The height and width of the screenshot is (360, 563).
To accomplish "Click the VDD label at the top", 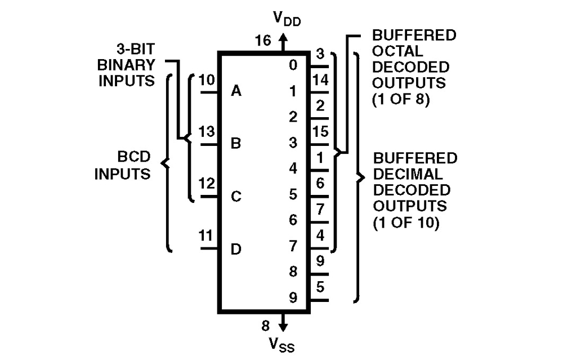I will coord(287,19).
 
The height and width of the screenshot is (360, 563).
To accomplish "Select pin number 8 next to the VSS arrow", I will coord(266,325).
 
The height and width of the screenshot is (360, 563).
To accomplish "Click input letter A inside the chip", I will coord(236,91).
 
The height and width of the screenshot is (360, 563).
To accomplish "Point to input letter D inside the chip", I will coord(236,248).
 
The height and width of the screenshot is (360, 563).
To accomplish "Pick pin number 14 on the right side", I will coord(320,80).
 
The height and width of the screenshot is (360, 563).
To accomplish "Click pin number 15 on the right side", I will coord(320,132).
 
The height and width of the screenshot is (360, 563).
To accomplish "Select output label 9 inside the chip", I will coord(293,298).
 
